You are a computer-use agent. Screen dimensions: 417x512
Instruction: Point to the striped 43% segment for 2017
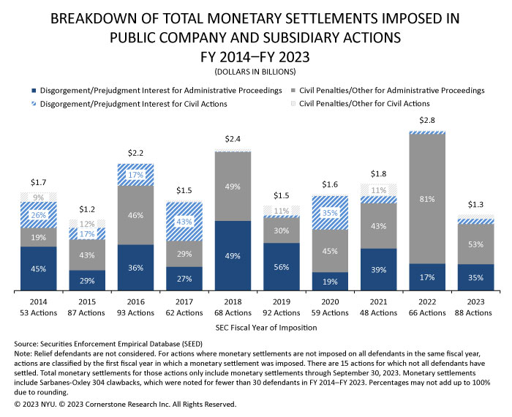[184, 221]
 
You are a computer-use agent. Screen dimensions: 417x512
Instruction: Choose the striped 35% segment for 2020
[330, 213]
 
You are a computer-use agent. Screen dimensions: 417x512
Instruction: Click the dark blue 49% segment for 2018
[233, 256]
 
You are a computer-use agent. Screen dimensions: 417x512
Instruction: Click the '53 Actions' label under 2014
[39, 314]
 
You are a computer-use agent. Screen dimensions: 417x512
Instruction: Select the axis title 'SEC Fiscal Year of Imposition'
[257, 328]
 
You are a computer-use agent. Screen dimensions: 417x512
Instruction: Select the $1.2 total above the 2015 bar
[87, 209]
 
